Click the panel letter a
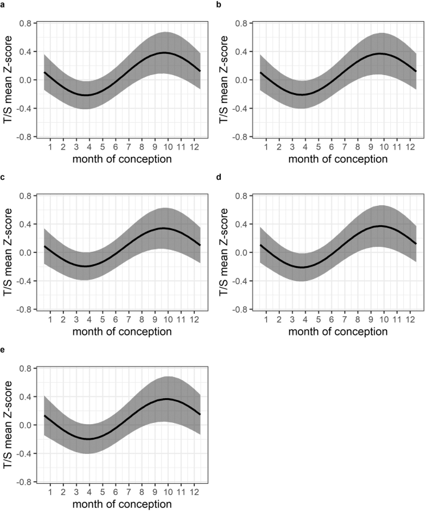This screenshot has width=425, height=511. (4, 5)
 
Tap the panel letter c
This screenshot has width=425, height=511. (4, 177)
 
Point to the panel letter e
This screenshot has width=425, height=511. (4, 350)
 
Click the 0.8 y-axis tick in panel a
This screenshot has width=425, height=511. (25, 24)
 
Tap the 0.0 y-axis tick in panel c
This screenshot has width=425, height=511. (25, 252)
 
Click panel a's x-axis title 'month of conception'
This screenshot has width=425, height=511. (122, 159)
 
